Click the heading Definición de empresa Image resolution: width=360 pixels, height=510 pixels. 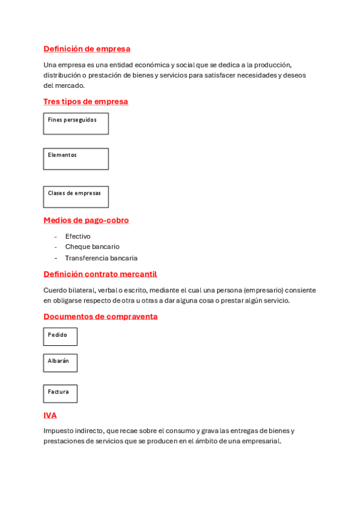pyautogui.click(x=87, y=49)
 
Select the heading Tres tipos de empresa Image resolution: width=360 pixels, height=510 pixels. pyautogui.click(x=85, y=102)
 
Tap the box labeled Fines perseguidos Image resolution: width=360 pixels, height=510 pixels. pyautogui.click(x=76, y=123)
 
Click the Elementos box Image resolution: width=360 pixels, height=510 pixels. pyautogui.click(x=76, y=159)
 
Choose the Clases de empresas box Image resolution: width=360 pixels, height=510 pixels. pyautogui.click(x=76, y=197)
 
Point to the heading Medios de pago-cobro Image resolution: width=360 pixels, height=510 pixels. pyautogui.click(x=86, y=220)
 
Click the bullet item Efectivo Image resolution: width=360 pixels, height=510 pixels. pyautogui.click(x=78, y=236)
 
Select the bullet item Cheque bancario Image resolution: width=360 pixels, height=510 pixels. pyautogui.click(x=92, y=247)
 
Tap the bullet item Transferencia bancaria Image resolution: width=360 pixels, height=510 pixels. pyautogui.click(x=101, y=258)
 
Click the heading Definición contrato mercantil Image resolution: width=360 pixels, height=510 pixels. pyautogui.click(x=100, y=274)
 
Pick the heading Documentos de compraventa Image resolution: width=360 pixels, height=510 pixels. pyautogui.click(x=100, y=316)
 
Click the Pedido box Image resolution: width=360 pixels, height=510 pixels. pyautogui.click(x=60, y=336)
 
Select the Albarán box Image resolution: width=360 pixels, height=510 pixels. pyautogui.click(x=60, y=363)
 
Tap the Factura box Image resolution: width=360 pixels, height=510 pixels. pyautogui.click(x=60, y=393)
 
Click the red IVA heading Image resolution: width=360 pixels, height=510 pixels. pyautogui.click(x=50, y=415)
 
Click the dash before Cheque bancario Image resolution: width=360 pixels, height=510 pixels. pyautogui.click(x=55, y=247)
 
